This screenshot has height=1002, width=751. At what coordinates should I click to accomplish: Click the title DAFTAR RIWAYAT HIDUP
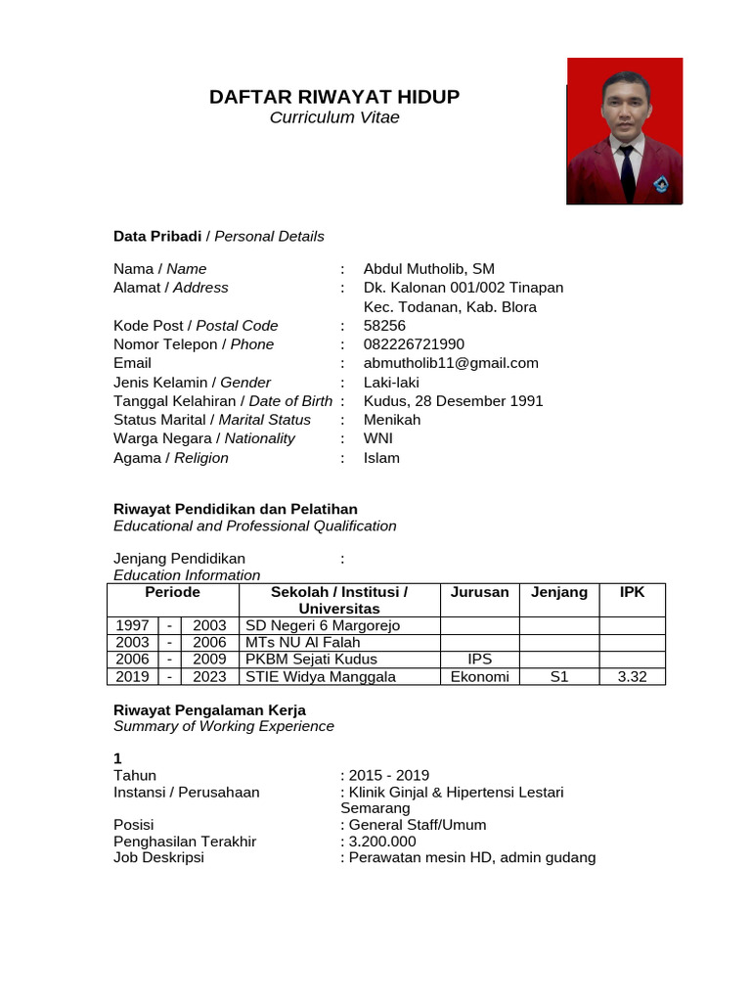click(334, 97)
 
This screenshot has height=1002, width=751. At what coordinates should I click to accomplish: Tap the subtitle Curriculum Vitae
click(334, 118)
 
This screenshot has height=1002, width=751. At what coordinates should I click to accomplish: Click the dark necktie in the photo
click(626, 171)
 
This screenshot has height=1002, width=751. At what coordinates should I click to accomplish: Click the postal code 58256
click(384, 326)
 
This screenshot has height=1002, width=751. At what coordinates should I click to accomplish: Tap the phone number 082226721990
click(414, 344)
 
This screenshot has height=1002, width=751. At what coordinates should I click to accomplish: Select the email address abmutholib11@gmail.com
click(451, 363)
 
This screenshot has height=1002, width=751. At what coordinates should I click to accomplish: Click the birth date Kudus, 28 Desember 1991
click(453, 401)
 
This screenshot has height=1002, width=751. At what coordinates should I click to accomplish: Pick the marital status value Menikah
click(392, 420)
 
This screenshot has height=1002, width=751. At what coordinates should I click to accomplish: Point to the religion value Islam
click(381, 458)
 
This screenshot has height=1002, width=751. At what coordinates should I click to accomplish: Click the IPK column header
click(632, 592)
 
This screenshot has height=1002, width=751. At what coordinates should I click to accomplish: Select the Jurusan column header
click(479, 592)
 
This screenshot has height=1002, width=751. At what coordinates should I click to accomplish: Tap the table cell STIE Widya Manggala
click(321, 677)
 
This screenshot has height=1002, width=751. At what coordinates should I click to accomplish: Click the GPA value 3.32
click(632, 677)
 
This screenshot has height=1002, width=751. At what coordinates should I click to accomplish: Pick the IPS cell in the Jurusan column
click(479, 660)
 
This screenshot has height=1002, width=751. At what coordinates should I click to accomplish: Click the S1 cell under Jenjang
click(558, 677)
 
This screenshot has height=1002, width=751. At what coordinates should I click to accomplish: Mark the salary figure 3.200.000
click(381, 842)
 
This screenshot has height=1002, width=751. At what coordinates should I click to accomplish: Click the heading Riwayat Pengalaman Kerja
click(209, 709)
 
